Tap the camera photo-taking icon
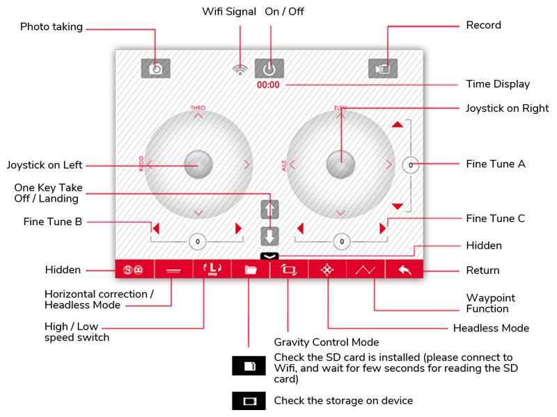155,68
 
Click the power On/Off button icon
269,68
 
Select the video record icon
383,68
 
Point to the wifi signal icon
240,69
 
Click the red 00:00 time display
268,85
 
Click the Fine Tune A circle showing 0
411,165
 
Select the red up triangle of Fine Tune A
397,124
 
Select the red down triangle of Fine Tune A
397,206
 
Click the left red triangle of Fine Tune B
157,228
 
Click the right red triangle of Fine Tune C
382,228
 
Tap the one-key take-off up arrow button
269,209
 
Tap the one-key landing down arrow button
269,235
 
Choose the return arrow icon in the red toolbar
405,270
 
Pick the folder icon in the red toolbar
250,270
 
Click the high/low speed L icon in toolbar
211,269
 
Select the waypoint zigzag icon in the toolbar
366,270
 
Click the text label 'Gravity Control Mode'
326,342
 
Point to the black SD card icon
249,366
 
